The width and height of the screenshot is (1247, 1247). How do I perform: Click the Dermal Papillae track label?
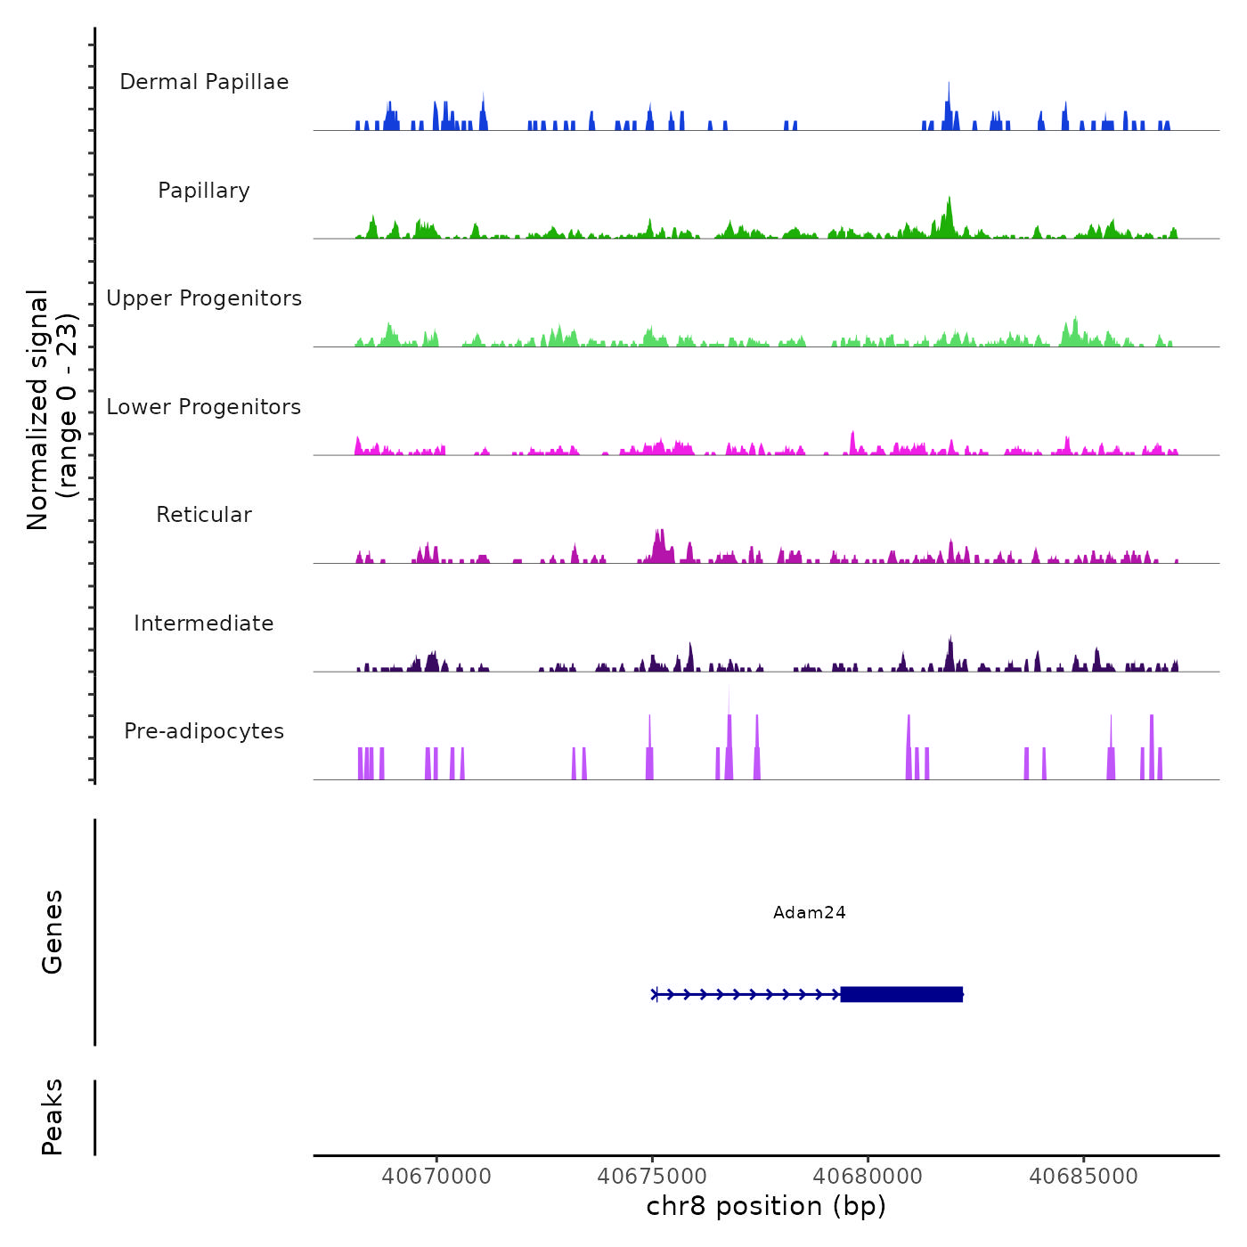pos(204,82)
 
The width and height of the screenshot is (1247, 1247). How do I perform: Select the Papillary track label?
pos(204,191)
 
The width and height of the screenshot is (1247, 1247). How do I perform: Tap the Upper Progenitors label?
pos(204,298)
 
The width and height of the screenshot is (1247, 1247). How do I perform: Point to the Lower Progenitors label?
pos(204,407)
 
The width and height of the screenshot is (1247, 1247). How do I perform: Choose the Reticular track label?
pos(204,515)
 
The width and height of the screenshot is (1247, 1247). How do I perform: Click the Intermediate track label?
pos(204,623)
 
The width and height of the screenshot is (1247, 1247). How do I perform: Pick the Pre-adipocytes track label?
pos(204,731)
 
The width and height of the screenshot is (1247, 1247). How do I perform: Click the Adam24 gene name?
pos(809,912)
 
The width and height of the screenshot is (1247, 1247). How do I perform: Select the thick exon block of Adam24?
pos(901,994)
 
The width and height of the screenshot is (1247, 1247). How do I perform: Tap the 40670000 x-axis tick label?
pos(436,1177)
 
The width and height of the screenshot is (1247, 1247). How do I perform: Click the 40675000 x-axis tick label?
pos(652,1177)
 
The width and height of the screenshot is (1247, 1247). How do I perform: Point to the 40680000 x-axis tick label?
pos(868,1177)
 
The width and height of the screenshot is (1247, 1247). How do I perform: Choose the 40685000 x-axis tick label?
pos(1084,1177)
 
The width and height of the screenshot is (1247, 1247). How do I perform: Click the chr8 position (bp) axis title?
pos(766,1207)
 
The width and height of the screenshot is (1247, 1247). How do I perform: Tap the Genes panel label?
pos(53,932)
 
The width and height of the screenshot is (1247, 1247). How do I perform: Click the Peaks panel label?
pos(53,1117)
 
